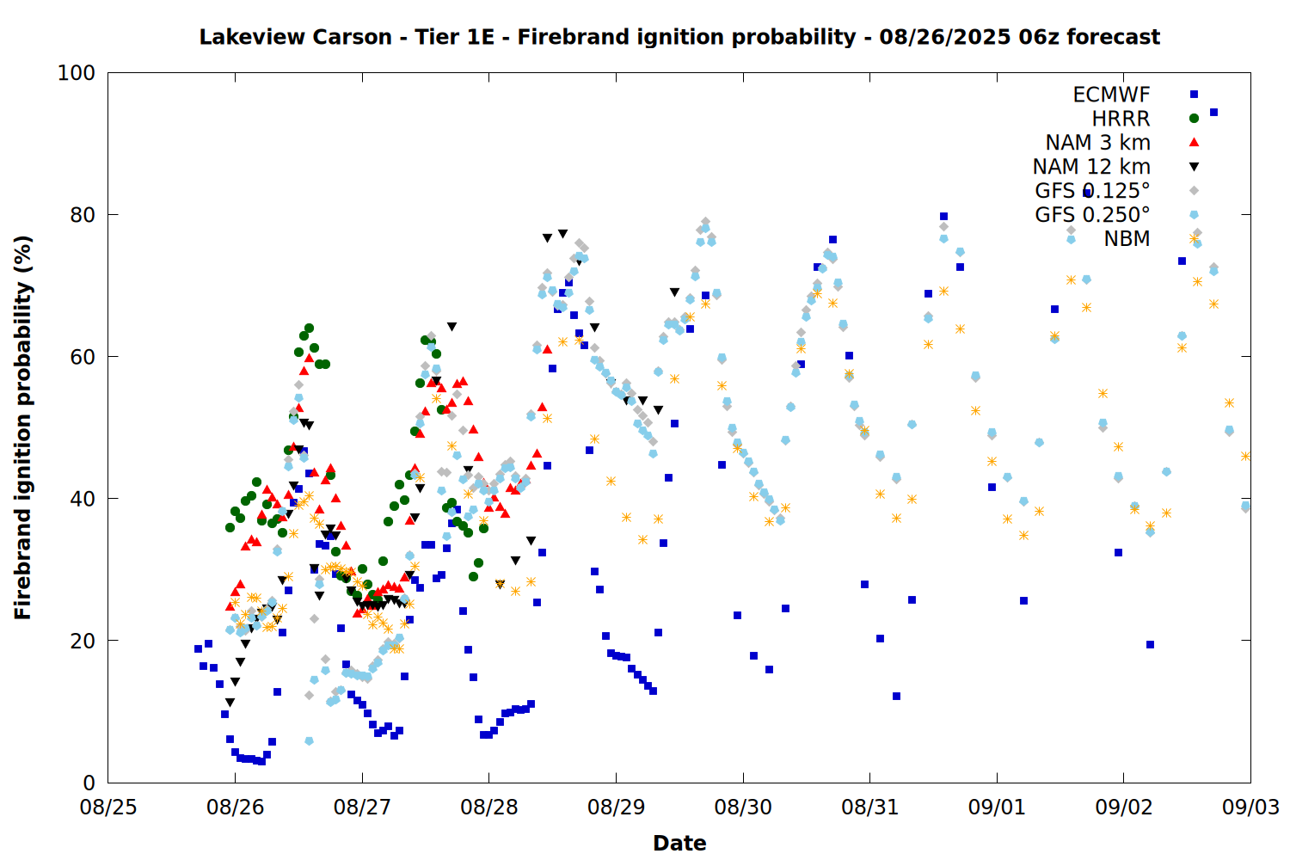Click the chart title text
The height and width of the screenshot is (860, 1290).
pyautogui.click(x=679, y=37)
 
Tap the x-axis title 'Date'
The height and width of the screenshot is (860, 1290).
pyautogui.click(x=679, y=844)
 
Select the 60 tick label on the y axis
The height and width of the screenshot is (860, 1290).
pyautogui.click(x=83, y=357)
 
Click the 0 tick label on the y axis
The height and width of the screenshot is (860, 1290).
pyautogui.click(x=89, y=783)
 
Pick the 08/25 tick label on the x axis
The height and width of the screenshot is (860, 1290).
pyautogui.click(x=108, y=807)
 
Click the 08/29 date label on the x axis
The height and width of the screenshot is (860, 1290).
pyautogui.click(x=617, y=807)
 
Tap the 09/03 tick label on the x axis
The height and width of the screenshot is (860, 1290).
pyautogui.click(x=1250, y=807)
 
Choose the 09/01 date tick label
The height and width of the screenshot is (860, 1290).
pyautogui.click(x=997, y=807)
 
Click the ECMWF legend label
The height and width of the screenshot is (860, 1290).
pyautogui.click(x=1111, y=95)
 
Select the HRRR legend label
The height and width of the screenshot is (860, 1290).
pyautogui.click(x=1121, y=119)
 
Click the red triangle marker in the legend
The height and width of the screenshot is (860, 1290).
pyautogui.click(x=1194, y=142)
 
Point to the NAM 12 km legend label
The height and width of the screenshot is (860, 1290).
pyautogui.click(x=1091, y=167)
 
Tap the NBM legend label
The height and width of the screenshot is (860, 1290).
pyautogui.click(x=1127, y=238)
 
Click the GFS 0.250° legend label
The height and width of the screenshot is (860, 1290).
pyautogui.click(x=1092, y=215)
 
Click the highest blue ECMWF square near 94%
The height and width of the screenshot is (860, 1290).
pyautogui.click(x=1213, y=113)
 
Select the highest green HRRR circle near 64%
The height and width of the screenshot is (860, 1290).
pyautogui.click(x=309, y=329)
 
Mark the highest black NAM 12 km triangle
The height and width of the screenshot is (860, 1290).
pyautogui.click(x=562, y=234)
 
